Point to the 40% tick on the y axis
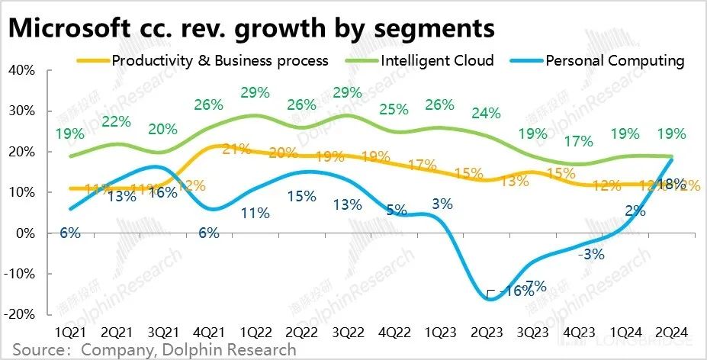(21, 70)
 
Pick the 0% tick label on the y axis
(24, 233)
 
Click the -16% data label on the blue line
(509, 291)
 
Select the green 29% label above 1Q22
(255, 93)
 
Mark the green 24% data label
(486, 114)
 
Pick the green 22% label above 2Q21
(116, 122)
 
